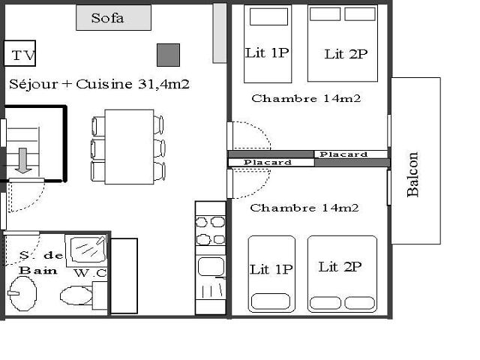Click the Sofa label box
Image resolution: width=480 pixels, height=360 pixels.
click(x=113, y=17)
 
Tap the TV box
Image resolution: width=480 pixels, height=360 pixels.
click(x=20, y=53)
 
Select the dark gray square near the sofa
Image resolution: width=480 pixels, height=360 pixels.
click(x=168, y=55)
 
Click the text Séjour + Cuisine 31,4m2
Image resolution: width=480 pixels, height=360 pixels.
click(x=99, y=84)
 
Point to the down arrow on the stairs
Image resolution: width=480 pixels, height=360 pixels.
click(x=23, y=160)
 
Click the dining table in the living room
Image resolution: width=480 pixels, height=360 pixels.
click(x=129, y=147)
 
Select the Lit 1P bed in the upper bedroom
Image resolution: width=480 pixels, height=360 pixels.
click(x=268, y=43)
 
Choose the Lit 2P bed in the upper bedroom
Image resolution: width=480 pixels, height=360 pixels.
click(x=343, y=43)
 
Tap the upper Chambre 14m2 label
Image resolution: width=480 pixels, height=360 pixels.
click(x=306, y=98)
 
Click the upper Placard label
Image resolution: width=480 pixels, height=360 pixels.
click(x=343, y=154)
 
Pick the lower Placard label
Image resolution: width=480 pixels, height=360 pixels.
click(x=268, y=162)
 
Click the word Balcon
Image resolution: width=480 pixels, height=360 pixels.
click(x=412, y=174)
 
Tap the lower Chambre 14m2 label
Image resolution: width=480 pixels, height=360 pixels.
click(x=304, y=208)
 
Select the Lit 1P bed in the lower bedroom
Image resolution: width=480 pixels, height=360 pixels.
click(x=271, y=274)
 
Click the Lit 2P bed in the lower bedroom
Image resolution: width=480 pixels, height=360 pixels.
click(x=342, y=274)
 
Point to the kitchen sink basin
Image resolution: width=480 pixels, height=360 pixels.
click(x=211, y=266)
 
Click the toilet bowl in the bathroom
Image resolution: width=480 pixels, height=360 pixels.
click(x=76, y=295)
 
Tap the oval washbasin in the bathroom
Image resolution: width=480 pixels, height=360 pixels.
click(x=23, y=293)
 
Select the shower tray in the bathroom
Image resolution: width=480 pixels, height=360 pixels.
click(x=86, y=250)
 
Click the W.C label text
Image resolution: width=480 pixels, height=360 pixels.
click(x=90, y=273)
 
